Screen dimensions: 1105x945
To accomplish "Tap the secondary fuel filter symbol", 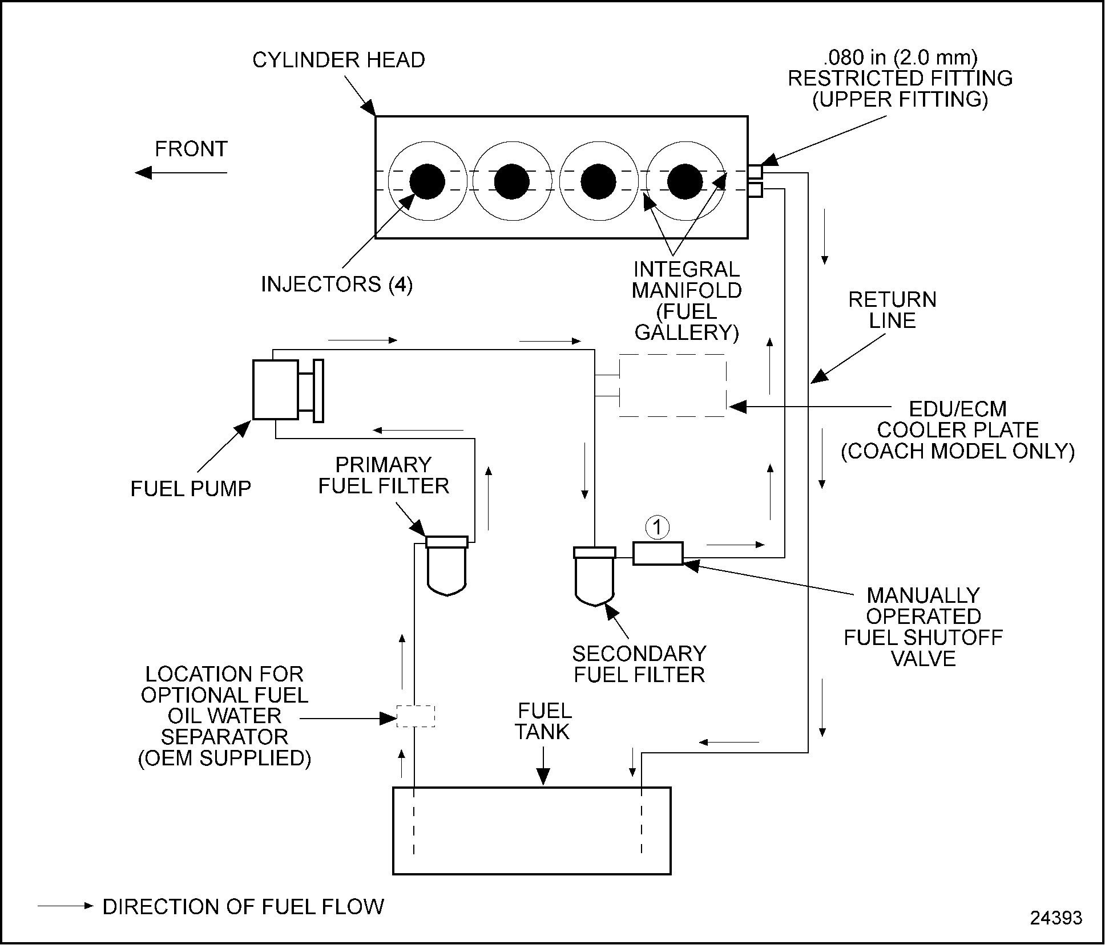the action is coord(595,576).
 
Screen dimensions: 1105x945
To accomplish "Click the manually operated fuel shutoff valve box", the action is coord(658,553).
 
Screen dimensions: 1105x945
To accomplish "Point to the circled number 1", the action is coord(658,528).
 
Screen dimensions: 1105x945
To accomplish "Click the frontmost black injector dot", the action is coord(427,181).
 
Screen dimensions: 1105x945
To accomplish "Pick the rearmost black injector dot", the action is coord(685,181).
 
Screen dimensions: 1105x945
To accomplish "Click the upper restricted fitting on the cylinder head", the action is coord(755,172).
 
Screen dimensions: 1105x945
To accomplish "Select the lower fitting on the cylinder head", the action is coord(755,190).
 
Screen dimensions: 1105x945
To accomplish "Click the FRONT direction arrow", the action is coord(181,172).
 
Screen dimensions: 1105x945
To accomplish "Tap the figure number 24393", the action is coord(1056,918).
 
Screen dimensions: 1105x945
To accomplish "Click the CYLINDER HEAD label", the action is coord(338,60).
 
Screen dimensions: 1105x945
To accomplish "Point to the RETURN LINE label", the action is coord(892,310).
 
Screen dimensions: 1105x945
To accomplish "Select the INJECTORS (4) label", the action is coord(337,284).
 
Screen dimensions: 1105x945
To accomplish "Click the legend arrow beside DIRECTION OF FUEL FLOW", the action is coord(65,906).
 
